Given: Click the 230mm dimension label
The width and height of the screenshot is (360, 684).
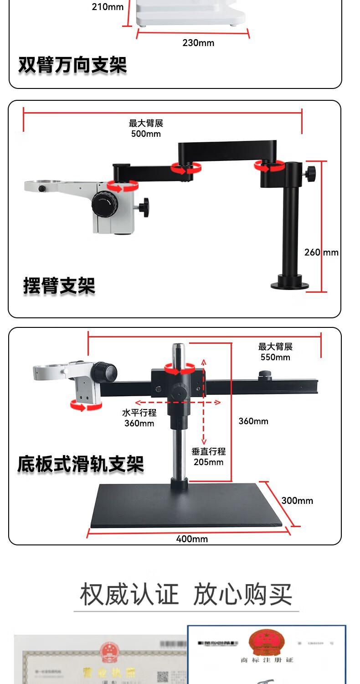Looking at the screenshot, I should [x=198, y=43].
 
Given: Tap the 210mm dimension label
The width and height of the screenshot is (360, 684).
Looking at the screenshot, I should [x=108, y=7].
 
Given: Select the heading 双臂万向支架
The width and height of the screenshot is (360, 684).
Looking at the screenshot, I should [x=72, y=65].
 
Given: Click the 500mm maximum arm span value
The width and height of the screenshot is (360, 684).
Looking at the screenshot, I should [x=146, y=134].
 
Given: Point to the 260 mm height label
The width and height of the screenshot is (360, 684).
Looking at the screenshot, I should [x=321, y=252].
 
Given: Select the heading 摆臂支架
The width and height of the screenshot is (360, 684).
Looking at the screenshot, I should [x=59, y=286].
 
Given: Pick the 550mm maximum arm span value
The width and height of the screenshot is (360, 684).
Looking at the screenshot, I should [x=275, y=357].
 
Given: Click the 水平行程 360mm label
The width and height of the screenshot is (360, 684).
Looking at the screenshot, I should [x=139, y=418].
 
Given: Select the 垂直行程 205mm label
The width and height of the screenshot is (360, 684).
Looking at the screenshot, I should [x=208, y=457].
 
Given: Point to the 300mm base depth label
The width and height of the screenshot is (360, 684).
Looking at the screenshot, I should [x=297, y=501].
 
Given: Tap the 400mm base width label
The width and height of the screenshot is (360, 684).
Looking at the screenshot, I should [x=192, y=539].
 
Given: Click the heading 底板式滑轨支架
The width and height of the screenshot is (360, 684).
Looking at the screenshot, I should [x=81, y=464].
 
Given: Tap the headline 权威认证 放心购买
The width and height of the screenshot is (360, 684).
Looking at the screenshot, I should [x=186, y=595].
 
